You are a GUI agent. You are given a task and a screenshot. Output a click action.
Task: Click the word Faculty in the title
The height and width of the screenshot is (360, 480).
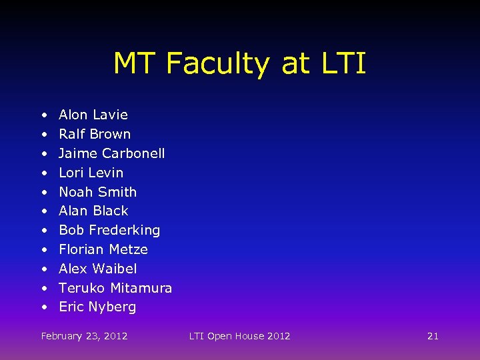(219, 64)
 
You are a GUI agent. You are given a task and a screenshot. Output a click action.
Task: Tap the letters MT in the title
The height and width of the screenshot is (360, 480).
(135, 64)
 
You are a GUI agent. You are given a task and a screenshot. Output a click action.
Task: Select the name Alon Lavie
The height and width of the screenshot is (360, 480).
(93, 115)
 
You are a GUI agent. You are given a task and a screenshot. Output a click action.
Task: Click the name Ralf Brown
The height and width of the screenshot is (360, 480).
(95, 134)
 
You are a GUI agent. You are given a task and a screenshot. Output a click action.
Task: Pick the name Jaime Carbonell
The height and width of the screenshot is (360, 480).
(112, 153)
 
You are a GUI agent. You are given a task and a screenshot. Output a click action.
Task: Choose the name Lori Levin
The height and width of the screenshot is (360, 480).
(91, 173)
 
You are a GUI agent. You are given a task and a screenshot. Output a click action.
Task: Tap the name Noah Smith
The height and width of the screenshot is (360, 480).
(98, 192)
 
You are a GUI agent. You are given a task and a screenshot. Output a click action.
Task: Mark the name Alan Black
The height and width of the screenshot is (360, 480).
(93, 211)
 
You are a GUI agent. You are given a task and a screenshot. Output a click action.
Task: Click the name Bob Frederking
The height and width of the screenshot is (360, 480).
(109, 230)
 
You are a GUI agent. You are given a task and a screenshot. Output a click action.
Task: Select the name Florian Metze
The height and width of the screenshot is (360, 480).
(103, 249)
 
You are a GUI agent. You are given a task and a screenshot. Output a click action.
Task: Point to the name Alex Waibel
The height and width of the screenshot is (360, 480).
(98, 269)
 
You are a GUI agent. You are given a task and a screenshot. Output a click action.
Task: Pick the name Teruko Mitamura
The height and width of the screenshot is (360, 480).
(115, 288)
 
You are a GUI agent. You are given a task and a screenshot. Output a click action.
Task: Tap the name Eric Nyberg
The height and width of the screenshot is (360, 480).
(97, 307)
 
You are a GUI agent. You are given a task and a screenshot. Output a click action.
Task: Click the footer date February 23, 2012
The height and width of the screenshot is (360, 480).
(84, 336)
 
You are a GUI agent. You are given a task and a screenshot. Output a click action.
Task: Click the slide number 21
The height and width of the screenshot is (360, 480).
(433, 336)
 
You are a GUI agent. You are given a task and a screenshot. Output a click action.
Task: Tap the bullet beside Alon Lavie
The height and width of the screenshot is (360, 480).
(43, 115)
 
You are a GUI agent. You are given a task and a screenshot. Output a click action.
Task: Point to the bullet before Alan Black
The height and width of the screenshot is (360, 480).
(43, 211)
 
